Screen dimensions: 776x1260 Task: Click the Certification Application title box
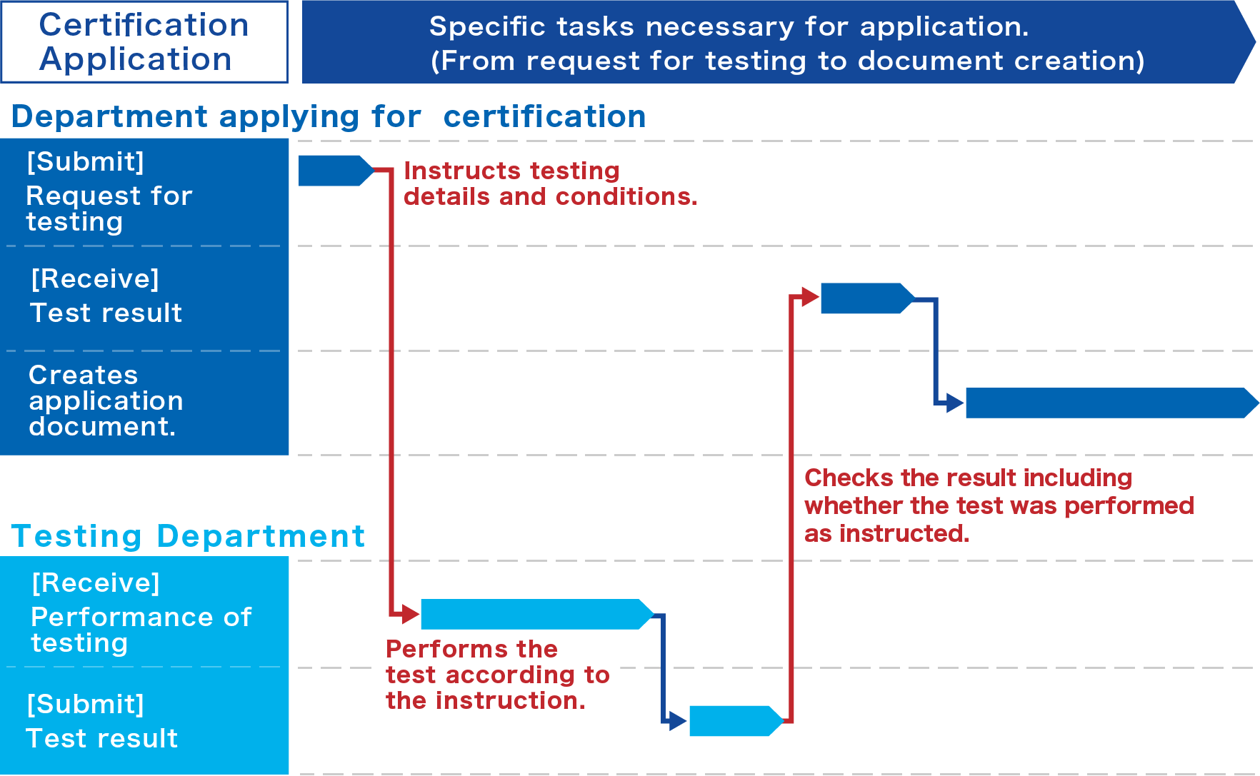pyautogui.click(x=144, y=42)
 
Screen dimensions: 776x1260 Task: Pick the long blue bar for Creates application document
pyautogui.click(x=1107, y=403)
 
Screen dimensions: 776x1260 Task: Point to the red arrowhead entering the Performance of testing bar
pyautogui.click(x=411, y=614)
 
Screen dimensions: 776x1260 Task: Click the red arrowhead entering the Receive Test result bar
pyautogui.click(x=810, y=296)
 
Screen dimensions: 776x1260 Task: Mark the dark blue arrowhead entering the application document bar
pyautogui.click(x=955, y=403)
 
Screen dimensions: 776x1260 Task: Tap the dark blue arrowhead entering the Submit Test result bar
pyautogui.click(x=678, y=721)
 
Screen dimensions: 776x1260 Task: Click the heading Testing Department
pyautogui.click(x=188, y=536)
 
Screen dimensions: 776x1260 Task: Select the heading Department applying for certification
pyautogui.click(x=329, y=116)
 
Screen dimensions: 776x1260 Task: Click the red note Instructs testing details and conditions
pyautogui.click(x=550, y=183)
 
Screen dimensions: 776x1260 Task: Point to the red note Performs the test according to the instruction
pyautogui.click(x=497, y=675)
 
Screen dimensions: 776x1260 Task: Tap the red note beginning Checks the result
pyautogui.click(x=999, y=505)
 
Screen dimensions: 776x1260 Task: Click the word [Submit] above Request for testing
pyautogui.click(x=86, y=162)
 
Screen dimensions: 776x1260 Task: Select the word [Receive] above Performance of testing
pyautogui.click(x=96, y=583)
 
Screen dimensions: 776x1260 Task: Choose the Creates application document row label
pyautogui.click(x=106, y=400)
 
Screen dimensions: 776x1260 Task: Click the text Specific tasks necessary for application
pyautogui.click(x=729, y=27)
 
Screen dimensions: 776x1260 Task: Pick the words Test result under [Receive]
pyautogui.click(x=106, y=313)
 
